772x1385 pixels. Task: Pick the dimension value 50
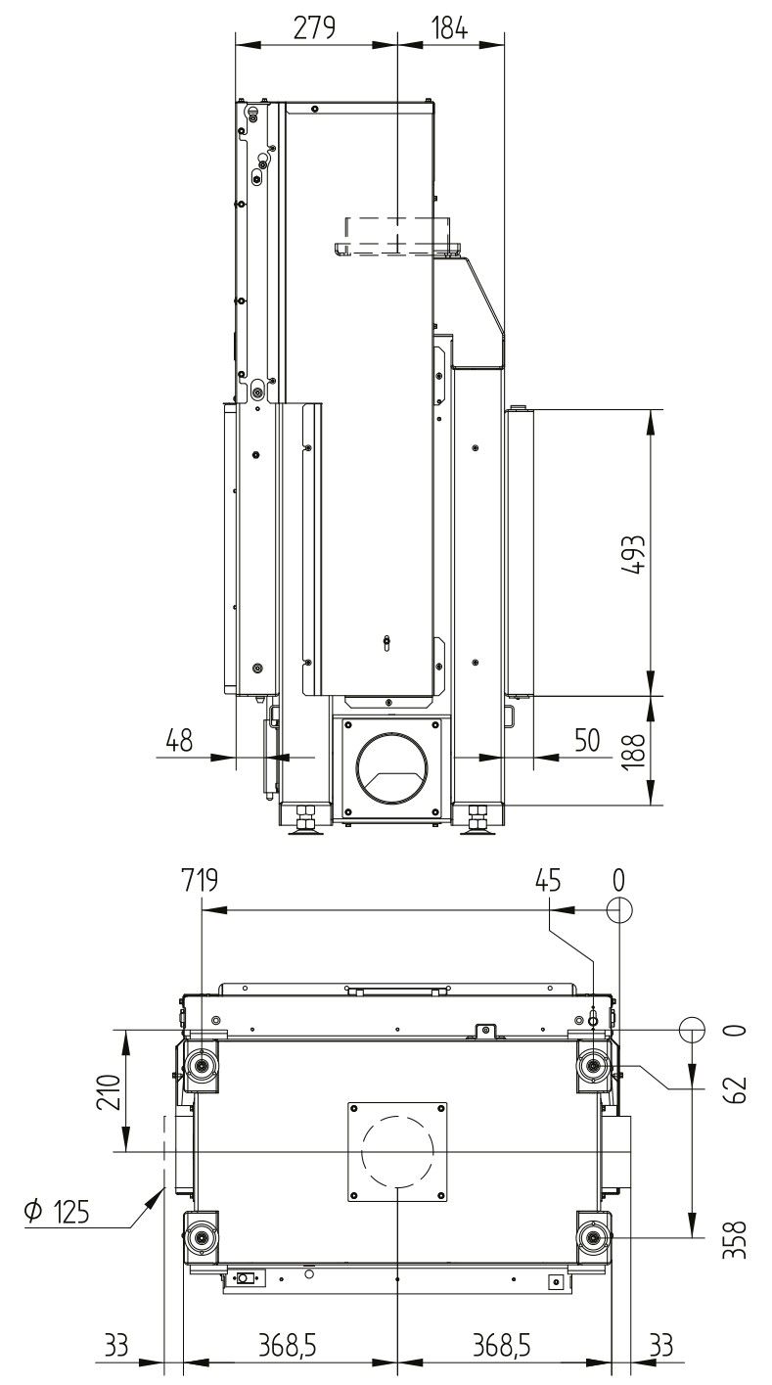[x=587, y=741]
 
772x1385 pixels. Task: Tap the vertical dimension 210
[x=110, y=1091]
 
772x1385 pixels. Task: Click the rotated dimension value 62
[x=738, y=1088]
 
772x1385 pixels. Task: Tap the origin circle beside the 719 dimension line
[x=619, y=909]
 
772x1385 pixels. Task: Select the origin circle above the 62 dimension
[x=692, y=1030]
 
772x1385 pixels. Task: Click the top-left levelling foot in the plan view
[x=203, y=1065]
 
